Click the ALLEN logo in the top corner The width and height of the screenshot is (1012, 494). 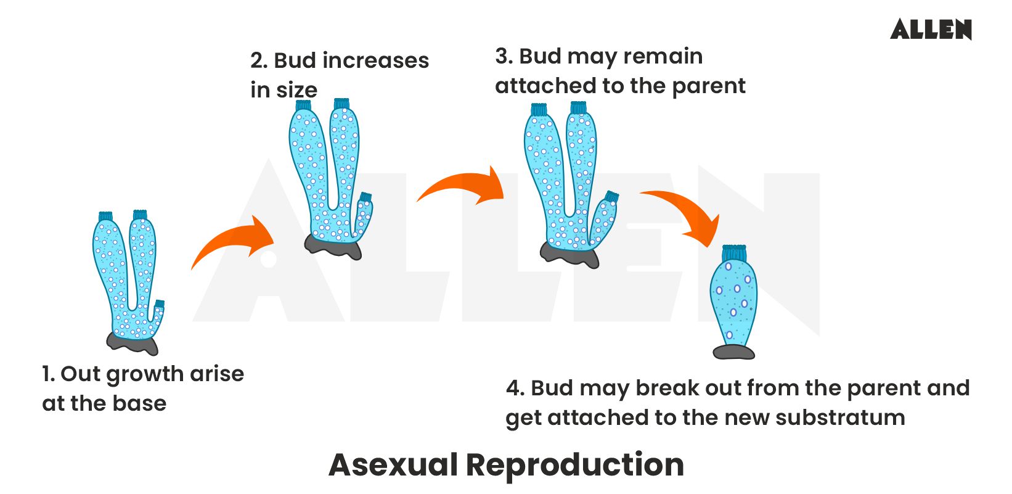tap(930, 30)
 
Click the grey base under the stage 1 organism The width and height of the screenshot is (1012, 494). tap(133, 342)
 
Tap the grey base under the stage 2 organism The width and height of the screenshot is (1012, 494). tap(333, 246)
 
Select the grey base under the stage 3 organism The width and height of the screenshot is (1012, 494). tap(569, 254)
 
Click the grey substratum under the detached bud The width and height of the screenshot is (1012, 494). tap(733, 352)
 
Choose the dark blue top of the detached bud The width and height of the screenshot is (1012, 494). tap(733, 252)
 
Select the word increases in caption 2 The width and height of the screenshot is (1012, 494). tap(375, 60)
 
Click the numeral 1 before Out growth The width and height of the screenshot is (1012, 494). tap(47, 374)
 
